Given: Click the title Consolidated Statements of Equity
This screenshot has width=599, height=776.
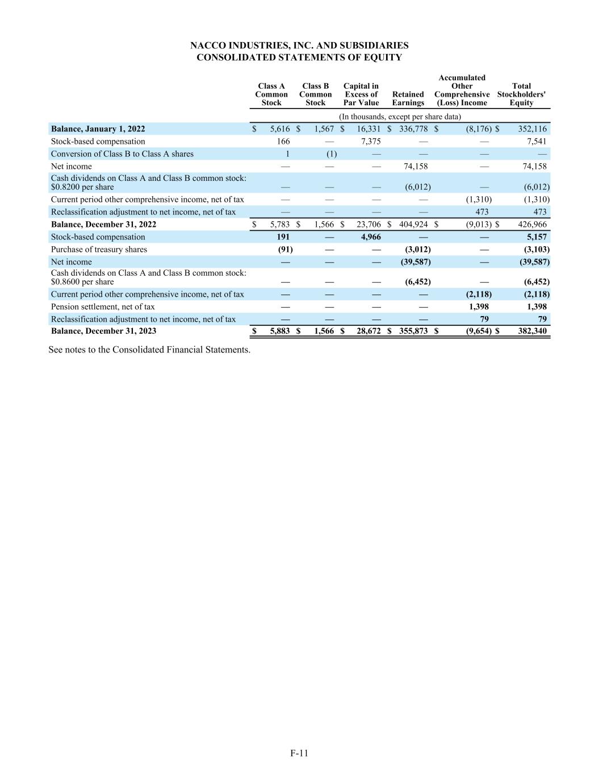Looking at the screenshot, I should [x=299, y=57].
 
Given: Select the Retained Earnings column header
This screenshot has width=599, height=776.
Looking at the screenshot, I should [x=408, y=98].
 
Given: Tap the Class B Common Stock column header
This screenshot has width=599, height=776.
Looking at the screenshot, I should [x=315, y=94].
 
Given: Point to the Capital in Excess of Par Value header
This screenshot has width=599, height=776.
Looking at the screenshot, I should [x=361, y=94].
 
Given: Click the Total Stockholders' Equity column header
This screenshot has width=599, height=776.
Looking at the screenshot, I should [x=521, y=94].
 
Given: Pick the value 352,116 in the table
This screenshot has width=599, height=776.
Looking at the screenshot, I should [x=532, y=129].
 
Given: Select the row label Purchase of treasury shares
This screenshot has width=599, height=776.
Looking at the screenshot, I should [x=99, y=250].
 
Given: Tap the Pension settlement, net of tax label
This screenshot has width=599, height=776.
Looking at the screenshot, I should [x=103, y=307].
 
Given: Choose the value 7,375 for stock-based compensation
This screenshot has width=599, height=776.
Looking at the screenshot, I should [x=371, y=142].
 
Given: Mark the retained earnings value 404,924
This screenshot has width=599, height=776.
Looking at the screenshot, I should [x=413, y=225].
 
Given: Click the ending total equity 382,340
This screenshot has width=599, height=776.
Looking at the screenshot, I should [x=532, y=331].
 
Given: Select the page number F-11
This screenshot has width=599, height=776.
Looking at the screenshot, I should [x=299, y=753].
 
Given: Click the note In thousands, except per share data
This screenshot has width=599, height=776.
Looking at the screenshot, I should [x=400, y=117].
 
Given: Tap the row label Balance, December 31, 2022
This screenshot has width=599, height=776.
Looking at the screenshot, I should [x=103, y=225].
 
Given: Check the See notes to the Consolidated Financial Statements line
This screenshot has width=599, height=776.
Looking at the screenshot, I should [x=149, y=350].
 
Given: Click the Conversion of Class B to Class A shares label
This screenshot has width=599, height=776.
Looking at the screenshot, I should [x=122, y=154].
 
